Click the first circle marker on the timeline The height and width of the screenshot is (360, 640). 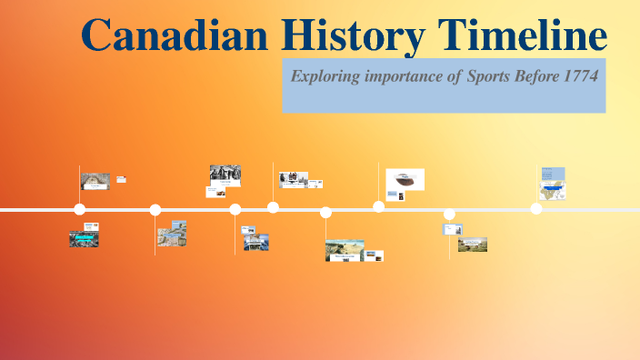(x=79, y=210)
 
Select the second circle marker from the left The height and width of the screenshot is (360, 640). (x=155, y=210)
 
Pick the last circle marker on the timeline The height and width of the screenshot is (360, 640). (x=536, y=209)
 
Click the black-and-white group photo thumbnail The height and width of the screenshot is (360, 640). (x=225, y=174)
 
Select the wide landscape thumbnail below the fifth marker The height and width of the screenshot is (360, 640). (x=346, y=248)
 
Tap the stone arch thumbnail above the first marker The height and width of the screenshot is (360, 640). (x=95, y=181)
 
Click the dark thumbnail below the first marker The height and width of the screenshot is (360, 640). (x=84, y=239)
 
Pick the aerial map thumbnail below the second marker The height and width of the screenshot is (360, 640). (x=172, y=234)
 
